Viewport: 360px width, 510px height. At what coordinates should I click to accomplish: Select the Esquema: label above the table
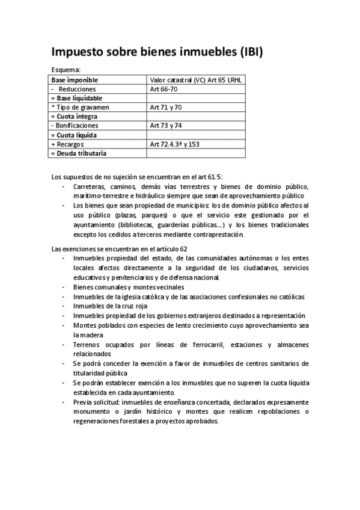point(66,70)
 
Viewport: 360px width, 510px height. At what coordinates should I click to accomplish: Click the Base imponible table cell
point(75,79)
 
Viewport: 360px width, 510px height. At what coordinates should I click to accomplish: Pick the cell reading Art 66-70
point(163,88)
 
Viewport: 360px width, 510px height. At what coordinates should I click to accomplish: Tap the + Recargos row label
point(68,144)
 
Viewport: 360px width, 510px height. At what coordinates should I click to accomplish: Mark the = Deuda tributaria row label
point(79,153)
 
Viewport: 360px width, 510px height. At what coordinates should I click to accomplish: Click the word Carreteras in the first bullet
point(89,186)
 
